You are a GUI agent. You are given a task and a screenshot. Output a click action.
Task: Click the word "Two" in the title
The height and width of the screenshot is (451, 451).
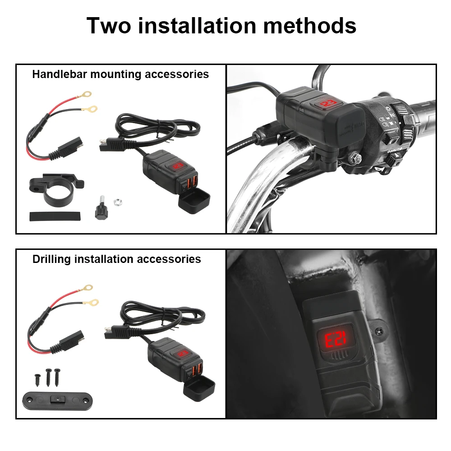click(108, 26)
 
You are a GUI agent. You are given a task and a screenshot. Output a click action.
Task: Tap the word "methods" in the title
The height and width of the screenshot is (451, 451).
click(310, 26)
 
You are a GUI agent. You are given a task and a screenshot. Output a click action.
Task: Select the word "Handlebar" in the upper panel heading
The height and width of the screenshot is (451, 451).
click(60, 74)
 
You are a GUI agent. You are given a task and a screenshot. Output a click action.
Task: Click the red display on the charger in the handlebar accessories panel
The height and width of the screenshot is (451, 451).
click(177, 166)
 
